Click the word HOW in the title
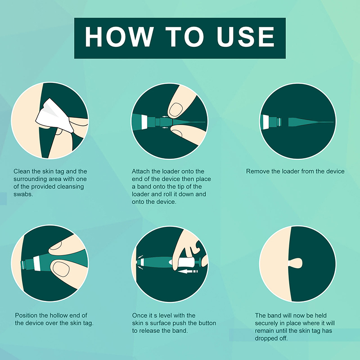pos(119,37)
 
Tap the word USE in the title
pos(245,37)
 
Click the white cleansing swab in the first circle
pos(54,116)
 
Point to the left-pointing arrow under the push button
pos(188,272)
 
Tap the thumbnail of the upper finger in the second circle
pos(175,109)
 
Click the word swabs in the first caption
pos(23,194)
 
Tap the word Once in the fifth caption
pos(139,315)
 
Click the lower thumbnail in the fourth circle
pos(61,269)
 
